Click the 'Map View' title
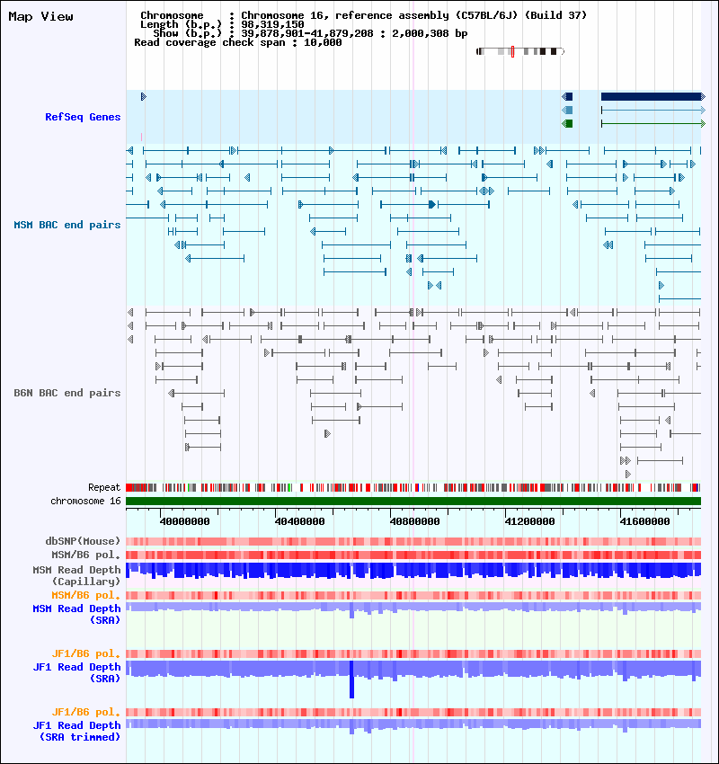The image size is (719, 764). tap(40, 16)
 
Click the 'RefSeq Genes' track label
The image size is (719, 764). tap(83, 117)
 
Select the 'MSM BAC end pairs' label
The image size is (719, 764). tap(67, 225)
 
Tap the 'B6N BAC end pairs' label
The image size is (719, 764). tap(67, 393)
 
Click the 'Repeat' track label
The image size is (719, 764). tap(104, 487)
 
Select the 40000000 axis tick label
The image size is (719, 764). tap(185, 521)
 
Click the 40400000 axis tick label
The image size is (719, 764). tap(300, 521)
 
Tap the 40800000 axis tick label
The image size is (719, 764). tap(415, 521)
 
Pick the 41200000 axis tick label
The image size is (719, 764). tap(530, 521)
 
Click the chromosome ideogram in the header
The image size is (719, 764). tap(519, 51)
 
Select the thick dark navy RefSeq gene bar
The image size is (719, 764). tap(651, 96)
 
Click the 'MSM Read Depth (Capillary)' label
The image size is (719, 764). tap(76, 575)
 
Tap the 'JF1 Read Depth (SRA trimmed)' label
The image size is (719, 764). tap(76, 731)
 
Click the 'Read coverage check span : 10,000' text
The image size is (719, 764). tap(237, 42)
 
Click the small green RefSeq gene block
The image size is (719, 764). tap(567, 123)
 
